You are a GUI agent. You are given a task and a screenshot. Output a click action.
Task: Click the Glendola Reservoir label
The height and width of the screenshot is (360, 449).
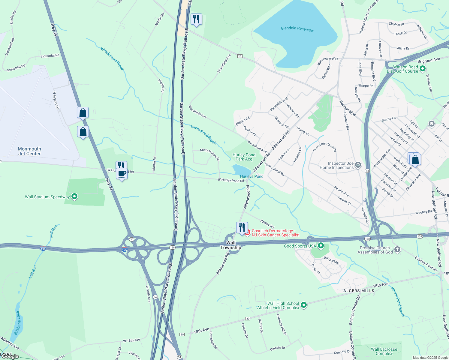tap(297, 28)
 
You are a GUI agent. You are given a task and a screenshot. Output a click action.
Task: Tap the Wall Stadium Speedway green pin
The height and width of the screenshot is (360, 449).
tap(74, 197)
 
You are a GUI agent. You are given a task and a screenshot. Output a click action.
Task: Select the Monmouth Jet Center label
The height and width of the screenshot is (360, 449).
tap(29, 151)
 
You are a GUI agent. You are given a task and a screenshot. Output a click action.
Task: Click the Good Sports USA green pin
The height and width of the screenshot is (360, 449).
tap(321, 246)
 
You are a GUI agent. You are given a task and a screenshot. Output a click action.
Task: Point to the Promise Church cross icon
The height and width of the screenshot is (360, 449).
tap(397, 250)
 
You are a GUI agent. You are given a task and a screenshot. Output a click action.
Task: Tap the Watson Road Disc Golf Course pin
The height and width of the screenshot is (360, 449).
tap(422, 69)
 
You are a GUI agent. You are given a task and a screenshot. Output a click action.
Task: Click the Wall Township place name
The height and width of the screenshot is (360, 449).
tap(231, 245)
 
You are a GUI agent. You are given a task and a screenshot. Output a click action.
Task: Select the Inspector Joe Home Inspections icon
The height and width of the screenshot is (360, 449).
tap(358, 165)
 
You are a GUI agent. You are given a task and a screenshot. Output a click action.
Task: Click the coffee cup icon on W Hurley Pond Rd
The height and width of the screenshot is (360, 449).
tap(122, 174)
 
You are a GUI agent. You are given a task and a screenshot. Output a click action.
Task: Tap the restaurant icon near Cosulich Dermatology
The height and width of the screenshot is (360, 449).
tap(242, 228)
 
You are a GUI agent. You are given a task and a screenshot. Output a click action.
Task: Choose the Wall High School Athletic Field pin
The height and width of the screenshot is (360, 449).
tap(304, 305)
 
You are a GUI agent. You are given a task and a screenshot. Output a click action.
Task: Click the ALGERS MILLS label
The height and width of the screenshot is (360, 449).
tap(359, 291)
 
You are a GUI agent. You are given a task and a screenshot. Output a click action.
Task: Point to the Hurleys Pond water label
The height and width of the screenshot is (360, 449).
tap(252, 176)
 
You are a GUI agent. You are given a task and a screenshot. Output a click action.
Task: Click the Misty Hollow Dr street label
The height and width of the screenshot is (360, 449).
tap(210, 154)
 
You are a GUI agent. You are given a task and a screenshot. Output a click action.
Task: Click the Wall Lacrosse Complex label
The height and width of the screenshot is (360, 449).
tap(384, 351)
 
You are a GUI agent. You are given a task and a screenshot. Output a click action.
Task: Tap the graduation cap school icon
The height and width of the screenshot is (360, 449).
tap(431, 124)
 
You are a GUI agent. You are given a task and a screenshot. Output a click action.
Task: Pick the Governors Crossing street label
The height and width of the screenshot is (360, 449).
tap(324, 147)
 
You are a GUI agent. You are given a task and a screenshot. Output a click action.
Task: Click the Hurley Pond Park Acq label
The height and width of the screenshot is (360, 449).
tap(244, 157)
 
